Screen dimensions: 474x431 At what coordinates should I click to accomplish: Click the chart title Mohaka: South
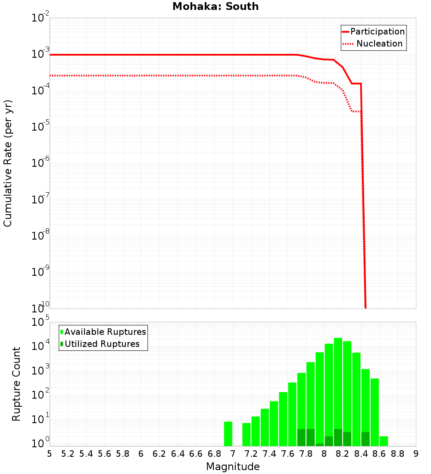[x=215, y=6]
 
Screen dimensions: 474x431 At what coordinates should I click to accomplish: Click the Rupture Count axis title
[x=16, y=384]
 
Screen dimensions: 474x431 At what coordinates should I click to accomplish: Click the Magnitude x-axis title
[x=233, y=467]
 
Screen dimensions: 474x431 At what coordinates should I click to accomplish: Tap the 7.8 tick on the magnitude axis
[x=306, y=454]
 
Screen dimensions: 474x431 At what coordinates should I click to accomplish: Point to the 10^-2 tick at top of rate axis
[x=41, y=19]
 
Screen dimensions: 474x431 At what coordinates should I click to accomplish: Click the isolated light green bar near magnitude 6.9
[x=228, y=433]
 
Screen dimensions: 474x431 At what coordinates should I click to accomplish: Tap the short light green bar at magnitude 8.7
[x=384, y=441]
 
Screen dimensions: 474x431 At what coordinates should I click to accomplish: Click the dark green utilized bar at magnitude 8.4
[x=365, y=439]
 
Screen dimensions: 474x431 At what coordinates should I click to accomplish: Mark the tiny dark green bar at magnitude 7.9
[x=319, y=445]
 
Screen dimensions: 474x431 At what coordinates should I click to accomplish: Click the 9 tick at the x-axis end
[x=416, y=454]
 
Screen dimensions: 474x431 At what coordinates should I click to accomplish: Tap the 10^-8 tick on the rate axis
[x=41, y=236]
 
